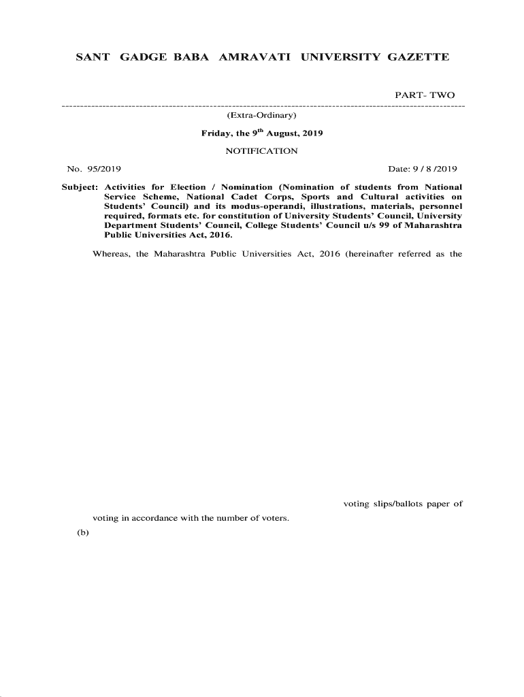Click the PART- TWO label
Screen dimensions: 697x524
pos(425,95)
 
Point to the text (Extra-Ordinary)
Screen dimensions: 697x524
pos(261,120)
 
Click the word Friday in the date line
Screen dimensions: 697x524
pos(217,133)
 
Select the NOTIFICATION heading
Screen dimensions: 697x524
pos(261,151)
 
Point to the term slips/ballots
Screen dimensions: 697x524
pos(397,504)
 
